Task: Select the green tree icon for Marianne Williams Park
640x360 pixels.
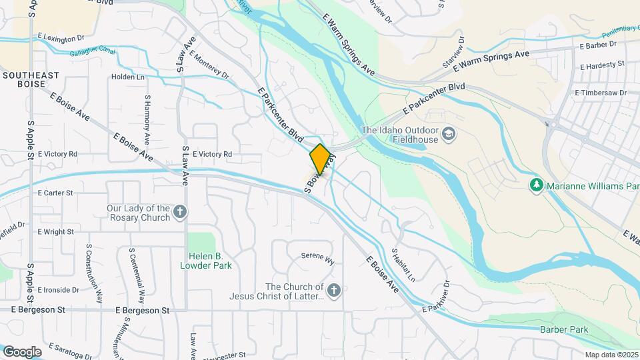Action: click(535, 183)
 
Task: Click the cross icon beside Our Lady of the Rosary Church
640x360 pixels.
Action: click(180, 213)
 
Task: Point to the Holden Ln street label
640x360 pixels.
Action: click(128, 77)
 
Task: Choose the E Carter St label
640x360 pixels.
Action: click(55, 193)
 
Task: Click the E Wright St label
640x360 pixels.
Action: click(55, 231)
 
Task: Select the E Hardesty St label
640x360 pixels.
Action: click(602, 65)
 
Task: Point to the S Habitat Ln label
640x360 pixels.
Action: click(403, 265)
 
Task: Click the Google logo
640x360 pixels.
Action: click(22, 351)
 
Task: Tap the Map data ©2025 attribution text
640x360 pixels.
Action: click(611, 355)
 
